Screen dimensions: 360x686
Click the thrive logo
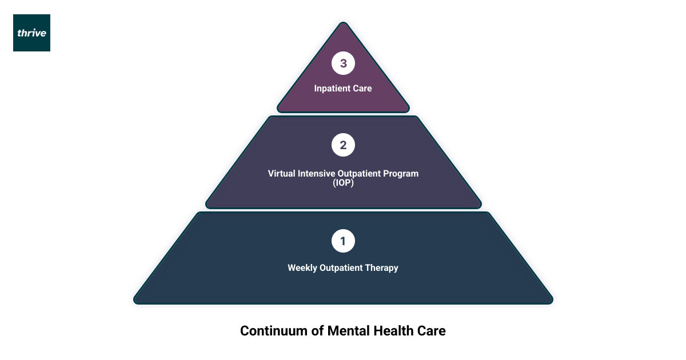(x=31, y=33)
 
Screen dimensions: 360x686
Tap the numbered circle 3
(x=343, y=63)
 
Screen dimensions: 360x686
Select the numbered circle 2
(x=343, y=145)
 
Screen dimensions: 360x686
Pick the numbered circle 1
(x=343, y=241)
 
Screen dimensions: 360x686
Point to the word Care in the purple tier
(x=362, y=89)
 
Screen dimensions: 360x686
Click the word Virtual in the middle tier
(x=281, y=173)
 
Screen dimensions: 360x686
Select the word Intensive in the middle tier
(x=315, y=173)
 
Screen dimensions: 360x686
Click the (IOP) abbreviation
(x=343, y=182)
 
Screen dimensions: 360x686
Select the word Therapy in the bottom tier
(x=383, y=267)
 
